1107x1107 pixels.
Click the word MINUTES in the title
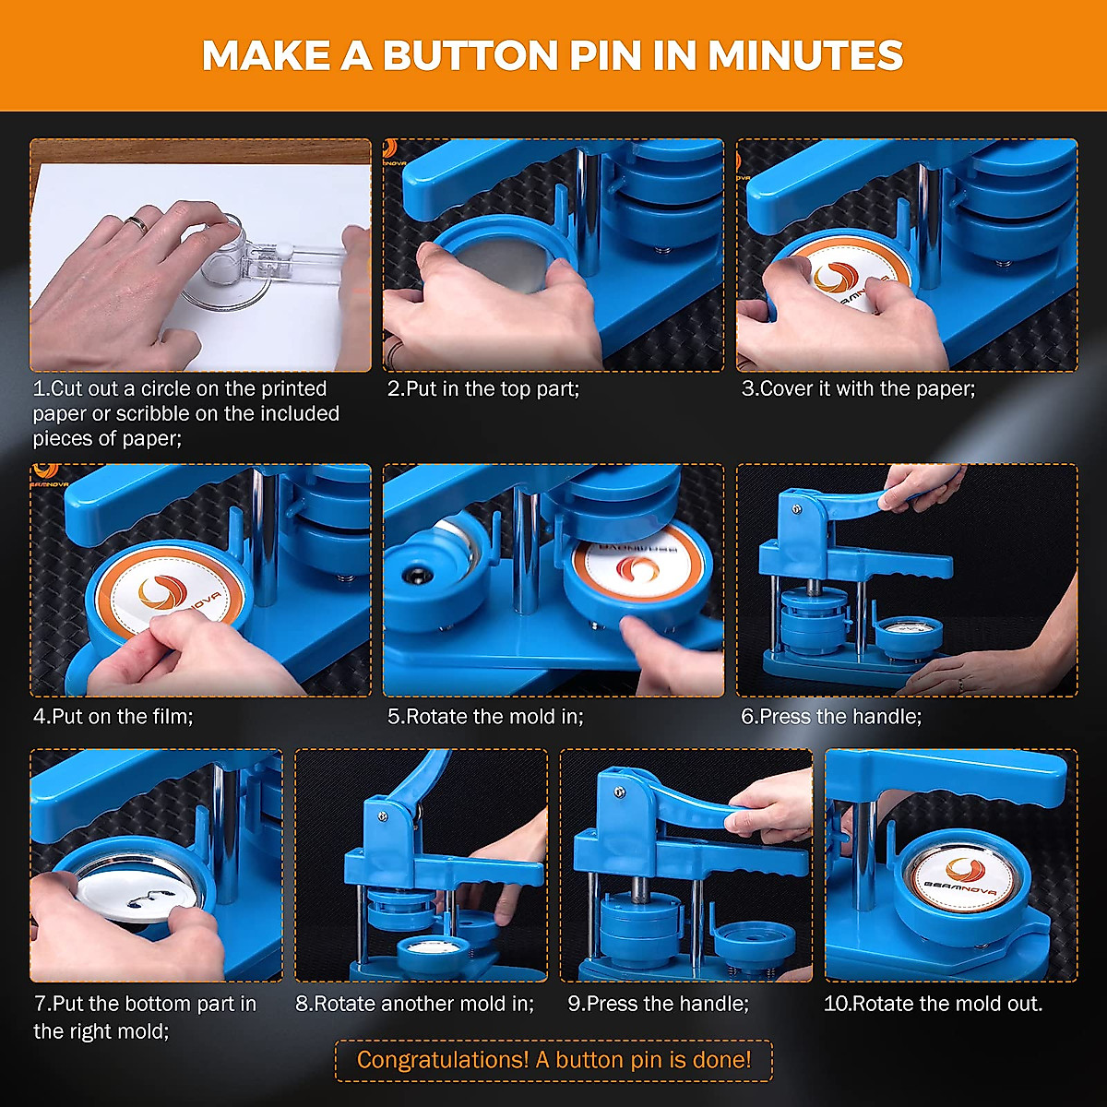coord(804,56)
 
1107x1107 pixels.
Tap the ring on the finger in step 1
coord(137,223)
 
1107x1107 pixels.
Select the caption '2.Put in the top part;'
coord(482,389)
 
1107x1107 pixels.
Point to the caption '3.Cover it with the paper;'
coord(858,389)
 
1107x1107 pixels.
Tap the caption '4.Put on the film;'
coord(113,716)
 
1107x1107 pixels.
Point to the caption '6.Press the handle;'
coord(831,717)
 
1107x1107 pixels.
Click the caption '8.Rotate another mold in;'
coord(415,1004)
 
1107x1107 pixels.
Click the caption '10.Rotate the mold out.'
coord(933,1004)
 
